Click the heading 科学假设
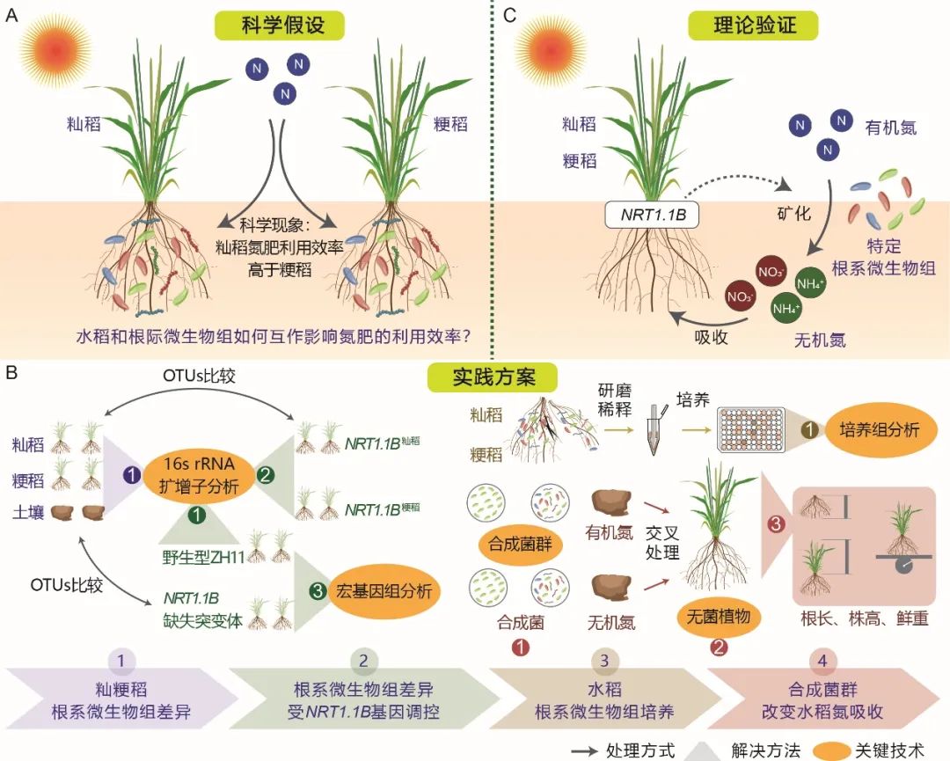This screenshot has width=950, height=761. click(x=282, y=25)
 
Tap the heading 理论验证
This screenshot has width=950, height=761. click(x=754, y=25)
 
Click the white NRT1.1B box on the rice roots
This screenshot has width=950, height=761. click(x=651, y=214)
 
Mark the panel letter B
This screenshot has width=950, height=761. click(x=12, y=373)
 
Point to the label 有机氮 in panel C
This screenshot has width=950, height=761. click(x=890, y=128)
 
